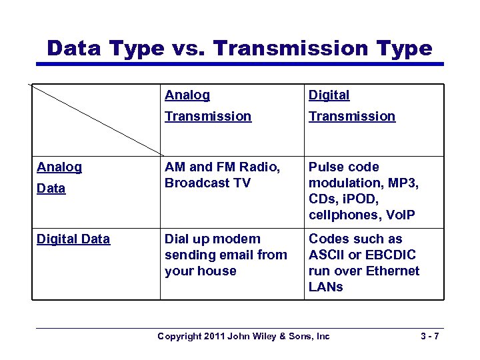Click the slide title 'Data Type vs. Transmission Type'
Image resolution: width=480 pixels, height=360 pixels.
click(239, 48)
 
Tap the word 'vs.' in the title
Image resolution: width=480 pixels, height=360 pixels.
click(189, 48)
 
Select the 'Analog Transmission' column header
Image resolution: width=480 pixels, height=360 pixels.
click(208, 106)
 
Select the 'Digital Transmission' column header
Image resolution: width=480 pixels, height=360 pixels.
click(351, 106)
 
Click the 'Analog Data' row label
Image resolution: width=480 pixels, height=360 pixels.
click(59, 177)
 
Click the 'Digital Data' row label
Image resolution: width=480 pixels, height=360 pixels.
click(73, 239)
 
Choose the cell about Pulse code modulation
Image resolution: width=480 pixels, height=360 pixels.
click(363, 191)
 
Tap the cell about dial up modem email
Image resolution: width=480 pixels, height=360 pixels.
click(225, 255)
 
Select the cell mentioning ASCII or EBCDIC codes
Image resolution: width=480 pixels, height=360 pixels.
click(363, 263)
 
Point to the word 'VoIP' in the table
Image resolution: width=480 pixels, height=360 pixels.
click(399, 215)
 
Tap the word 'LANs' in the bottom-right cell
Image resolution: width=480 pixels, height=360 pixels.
click(326, 287)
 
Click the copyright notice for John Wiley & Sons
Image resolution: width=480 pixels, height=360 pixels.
click(243, 336)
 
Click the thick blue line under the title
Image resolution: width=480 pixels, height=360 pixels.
click(239, 64)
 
